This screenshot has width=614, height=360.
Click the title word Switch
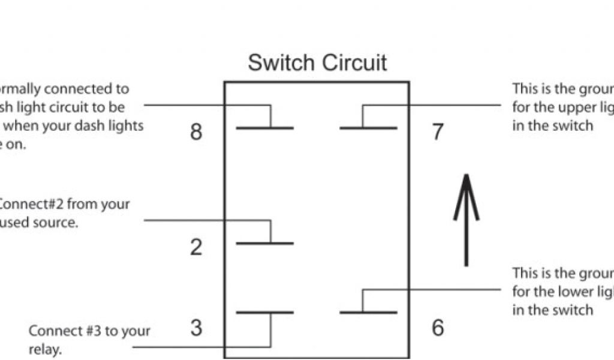[x=280, y=62]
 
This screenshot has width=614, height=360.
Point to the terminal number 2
[x=196, y=247]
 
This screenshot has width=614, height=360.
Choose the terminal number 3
[x=196, y=328]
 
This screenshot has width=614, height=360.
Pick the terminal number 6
[x=438, y=328]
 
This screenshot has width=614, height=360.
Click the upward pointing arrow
[x=466, y=219]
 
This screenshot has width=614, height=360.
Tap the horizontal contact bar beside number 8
[x=264, y=128]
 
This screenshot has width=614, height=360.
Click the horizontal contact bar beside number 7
[x=368, y=128]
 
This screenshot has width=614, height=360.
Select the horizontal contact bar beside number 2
[x=264, y=243]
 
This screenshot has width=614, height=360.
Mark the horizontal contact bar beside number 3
[x=264, y=313]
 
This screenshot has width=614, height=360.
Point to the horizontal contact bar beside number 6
[x=368, y=313]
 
